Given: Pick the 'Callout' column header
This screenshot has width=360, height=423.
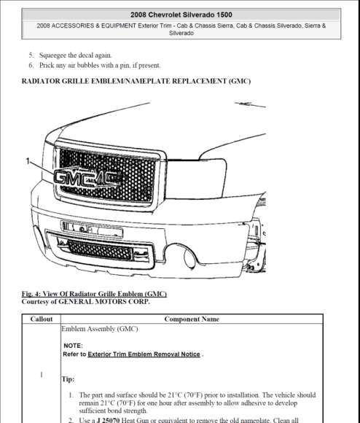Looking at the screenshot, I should point(41,319).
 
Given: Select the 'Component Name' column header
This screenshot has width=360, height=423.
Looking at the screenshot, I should point(192,319).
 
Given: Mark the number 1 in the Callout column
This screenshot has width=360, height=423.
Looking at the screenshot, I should point(41,375).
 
